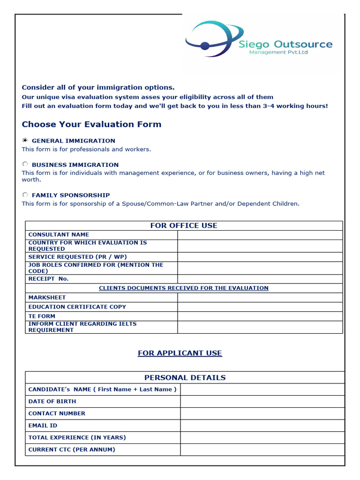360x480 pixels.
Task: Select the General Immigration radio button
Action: click(25, 140)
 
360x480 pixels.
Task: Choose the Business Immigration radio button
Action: click(25, 165)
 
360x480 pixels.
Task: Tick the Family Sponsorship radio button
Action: click(25, 195)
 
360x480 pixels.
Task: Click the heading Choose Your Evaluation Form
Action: click(91, 124)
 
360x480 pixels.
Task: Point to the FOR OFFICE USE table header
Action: click(184, 225)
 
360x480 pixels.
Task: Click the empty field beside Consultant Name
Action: click(260, 235)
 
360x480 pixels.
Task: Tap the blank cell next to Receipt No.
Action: click(260, 279)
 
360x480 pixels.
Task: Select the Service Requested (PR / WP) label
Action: click(77, 257)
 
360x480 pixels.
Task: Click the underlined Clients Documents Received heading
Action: click(184, 288)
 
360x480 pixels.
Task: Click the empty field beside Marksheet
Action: click(260, 298)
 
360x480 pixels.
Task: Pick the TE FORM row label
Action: click(42, 316)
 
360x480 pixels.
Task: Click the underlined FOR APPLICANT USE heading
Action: click(180, 353)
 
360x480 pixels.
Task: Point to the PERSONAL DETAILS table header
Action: click(185, 377)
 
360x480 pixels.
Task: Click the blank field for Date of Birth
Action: click(262, 401)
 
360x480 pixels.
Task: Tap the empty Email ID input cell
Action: click(262, 426)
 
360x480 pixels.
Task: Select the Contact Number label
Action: click(57, 413)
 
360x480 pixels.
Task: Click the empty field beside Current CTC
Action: click(262, 450)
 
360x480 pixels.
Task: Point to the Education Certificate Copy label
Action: click(77, 307)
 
